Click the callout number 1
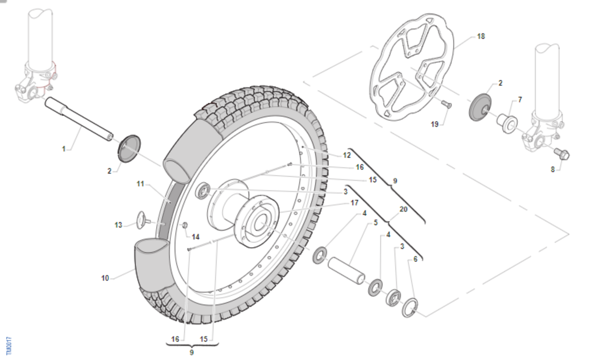click(63, 148)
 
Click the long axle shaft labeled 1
click(79, 118)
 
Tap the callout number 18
click(481, 36)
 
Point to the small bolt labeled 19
click(446, 103)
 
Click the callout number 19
click(434, 124)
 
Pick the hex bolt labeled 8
click(562, 154)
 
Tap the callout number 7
click(520, 100)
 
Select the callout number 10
click(105, 278)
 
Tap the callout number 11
click(141, 184)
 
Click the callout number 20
click(403, 209)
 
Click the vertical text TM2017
click(8, 346)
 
